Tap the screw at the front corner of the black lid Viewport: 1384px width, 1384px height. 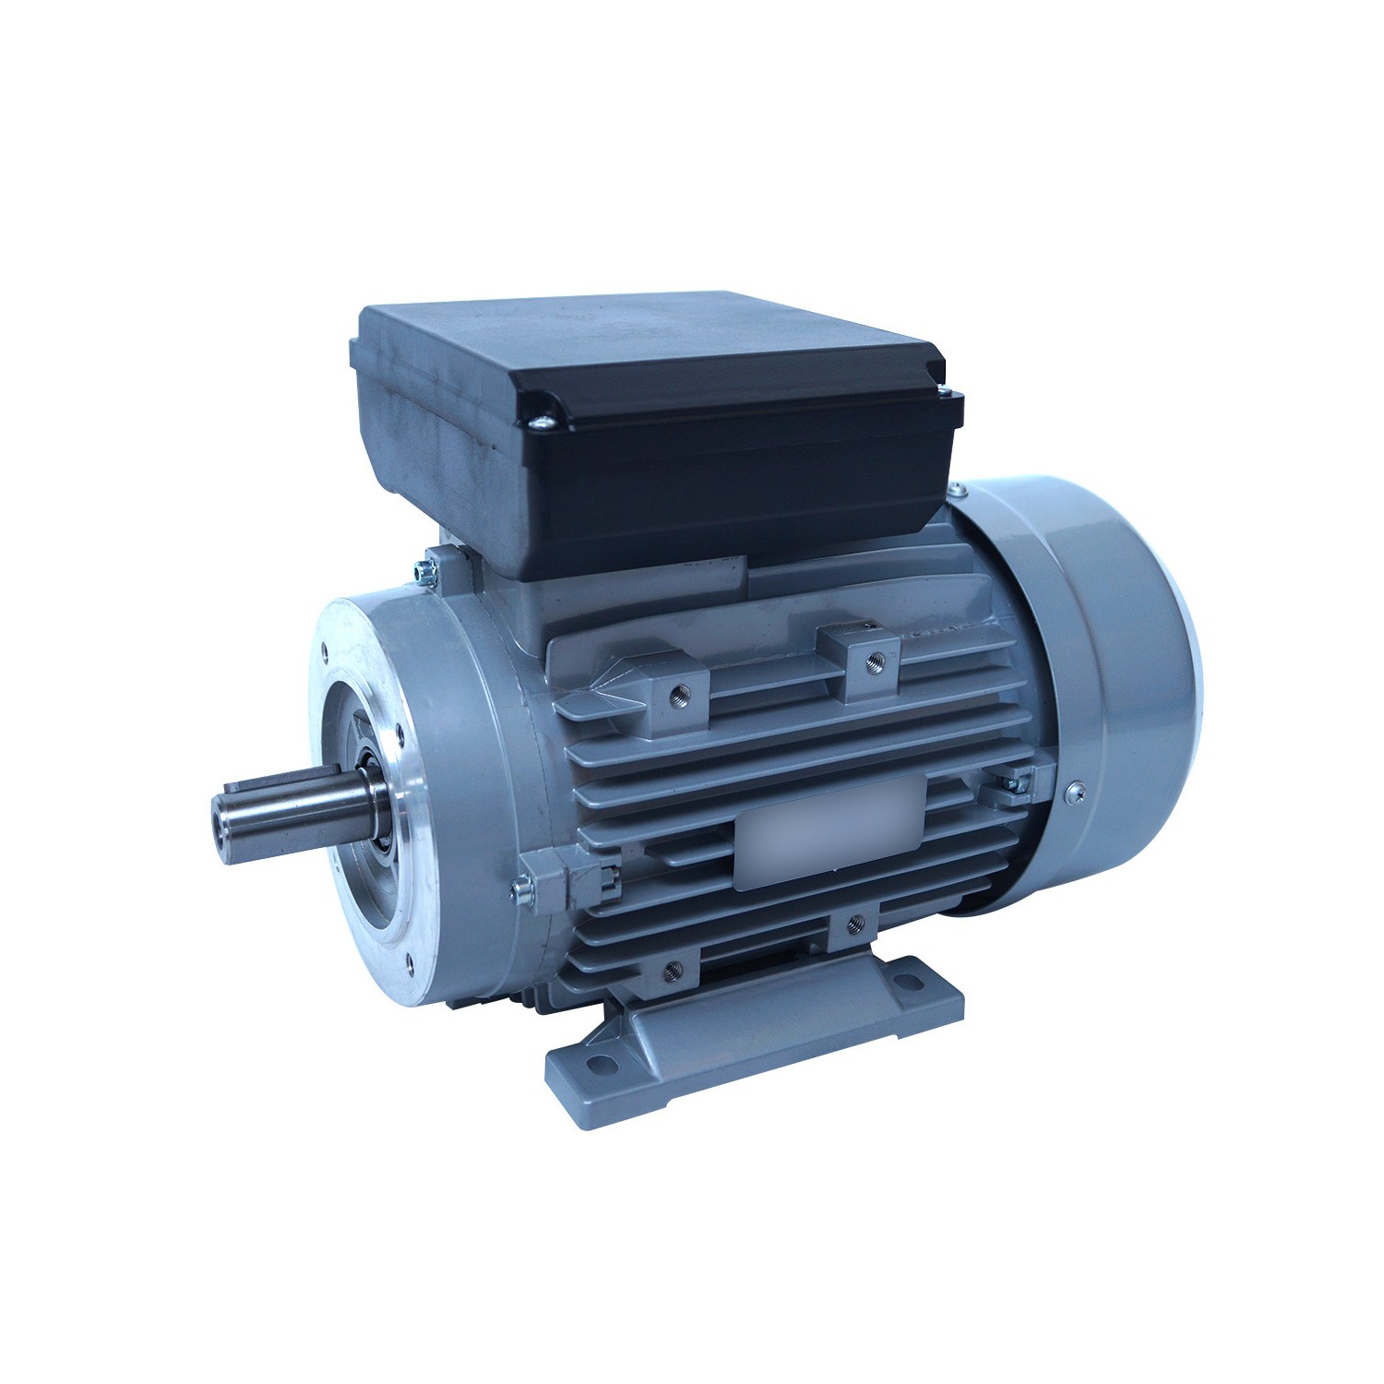(x=543, y=422)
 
